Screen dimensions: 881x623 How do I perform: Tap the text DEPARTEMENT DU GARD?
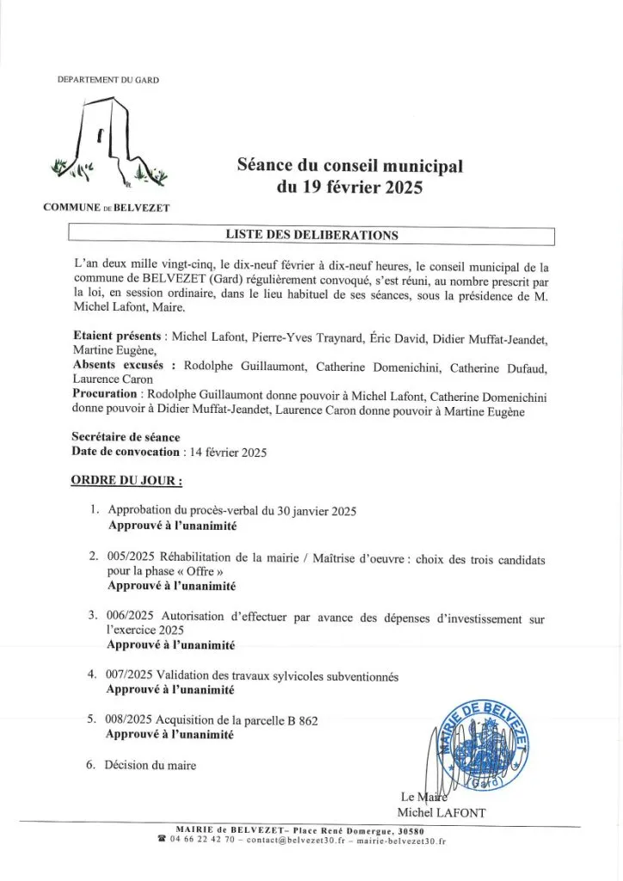(x=108, y=80)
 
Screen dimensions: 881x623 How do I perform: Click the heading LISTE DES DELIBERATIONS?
(x=311, y=235)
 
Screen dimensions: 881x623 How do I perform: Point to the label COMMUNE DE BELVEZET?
(x=107, y=207)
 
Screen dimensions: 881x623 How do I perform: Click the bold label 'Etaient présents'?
(x=119, y=336)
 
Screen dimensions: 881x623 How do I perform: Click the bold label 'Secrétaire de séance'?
(x=126, y=437)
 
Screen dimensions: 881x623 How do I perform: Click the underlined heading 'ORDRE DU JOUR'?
(x=126, y=479)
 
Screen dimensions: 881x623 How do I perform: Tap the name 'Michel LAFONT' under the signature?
(x=441, y=812)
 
